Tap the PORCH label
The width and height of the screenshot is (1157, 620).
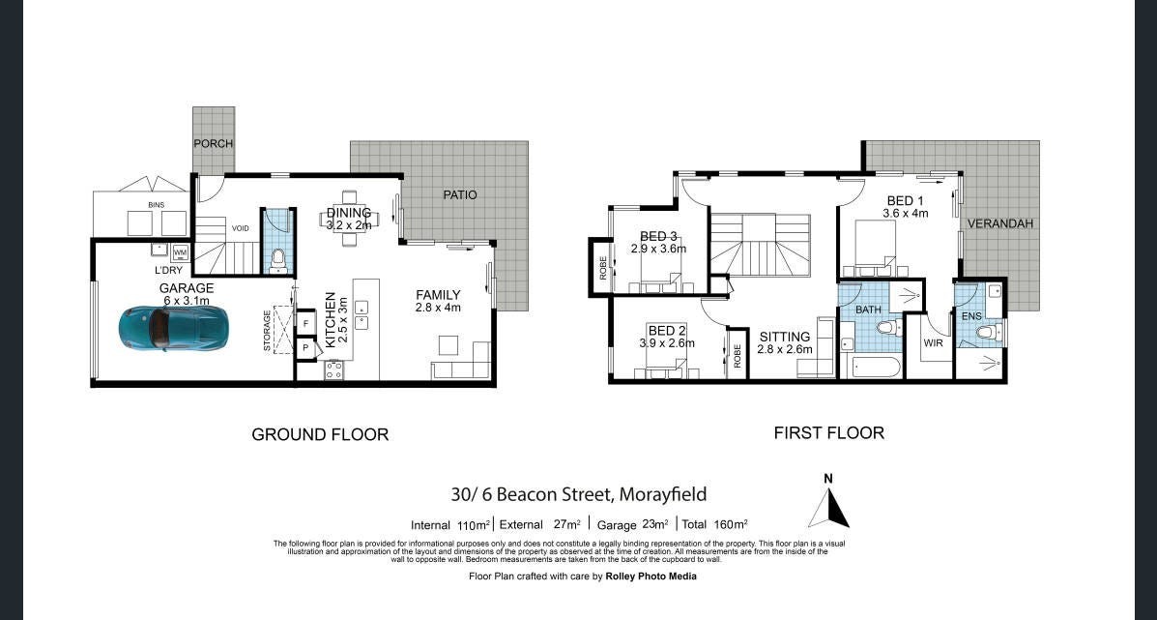(x=213, y=144)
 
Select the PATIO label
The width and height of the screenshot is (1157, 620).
(x=460, y=194)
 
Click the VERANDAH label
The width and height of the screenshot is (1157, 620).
(x=1000, y=223)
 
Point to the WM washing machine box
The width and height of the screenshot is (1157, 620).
(x=180, y=252)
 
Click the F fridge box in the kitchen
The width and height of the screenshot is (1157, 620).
(x=305, y=323)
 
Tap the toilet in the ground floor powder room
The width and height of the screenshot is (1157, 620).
(x=277, y=257)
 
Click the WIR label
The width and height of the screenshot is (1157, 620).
(x=933, y=343)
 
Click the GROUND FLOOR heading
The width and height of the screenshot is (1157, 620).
(x=320, y=434)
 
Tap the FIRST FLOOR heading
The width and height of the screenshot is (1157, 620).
(x=828, y=432)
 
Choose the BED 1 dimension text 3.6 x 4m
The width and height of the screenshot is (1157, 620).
(x=907, y=213)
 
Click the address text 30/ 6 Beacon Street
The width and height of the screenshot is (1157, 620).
(x=532, y=494)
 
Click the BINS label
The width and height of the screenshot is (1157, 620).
(x=155, y=205)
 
